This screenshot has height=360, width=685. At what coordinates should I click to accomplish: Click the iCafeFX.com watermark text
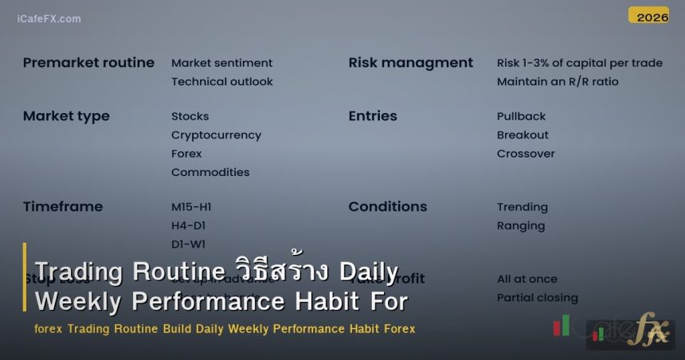click(x=49, y=18)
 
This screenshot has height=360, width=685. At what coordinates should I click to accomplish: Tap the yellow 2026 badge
click(x=648, y=16)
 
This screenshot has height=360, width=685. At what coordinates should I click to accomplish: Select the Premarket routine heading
click(x=88, y=63)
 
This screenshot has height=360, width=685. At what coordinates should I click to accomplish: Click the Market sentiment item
click(x=221, y=63)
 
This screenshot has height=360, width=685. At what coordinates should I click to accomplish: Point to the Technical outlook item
click(x=221, y=81)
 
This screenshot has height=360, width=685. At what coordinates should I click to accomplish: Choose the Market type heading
click(x=66, y=116)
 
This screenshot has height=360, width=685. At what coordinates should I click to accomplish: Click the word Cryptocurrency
click(x=216, y=135)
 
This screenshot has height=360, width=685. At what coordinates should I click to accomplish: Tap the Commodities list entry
click(x=210, y=172)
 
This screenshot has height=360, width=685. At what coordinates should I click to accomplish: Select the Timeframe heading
click(x=63, y=206)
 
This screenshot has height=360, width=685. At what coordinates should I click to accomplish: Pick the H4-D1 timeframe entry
click(x=188, y=225)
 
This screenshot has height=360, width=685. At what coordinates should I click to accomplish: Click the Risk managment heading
click(x=410, y=63)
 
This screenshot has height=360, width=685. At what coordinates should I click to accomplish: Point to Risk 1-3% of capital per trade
click(x=579, y=63)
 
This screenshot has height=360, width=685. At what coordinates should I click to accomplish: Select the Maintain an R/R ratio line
click(x=557, y=81)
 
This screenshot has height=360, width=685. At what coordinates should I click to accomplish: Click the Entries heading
click(x=372, y=116)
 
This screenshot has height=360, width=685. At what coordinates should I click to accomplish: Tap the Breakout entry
click(x=523, y=135)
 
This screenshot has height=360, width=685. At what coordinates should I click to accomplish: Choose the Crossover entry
click(x=526, y=153)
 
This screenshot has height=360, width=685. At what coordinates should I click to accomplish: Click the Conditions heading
click(x=387, y=206)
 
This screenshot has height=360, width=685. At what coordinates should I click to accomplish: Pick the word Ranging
click(x=521, y=225)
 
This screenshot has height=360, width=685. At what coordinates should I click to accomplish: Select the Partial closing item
click(x=537, y=298)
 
